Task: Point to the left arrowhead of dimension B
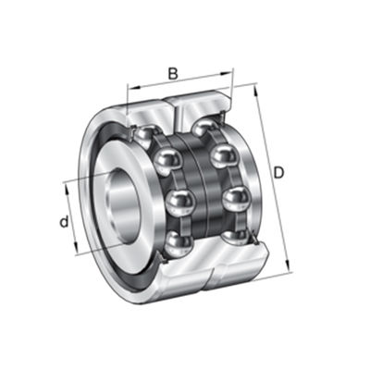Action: pyautogui.click(x=129, y=91)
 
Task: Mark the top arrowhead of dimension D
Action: pyautogui.click(x=254, y=89)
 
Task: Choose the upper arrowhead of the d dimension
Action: pyautogui.click(x=68, y=183)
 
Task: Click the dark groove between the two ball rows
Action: pyautogui.click(x=205, y=185)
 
